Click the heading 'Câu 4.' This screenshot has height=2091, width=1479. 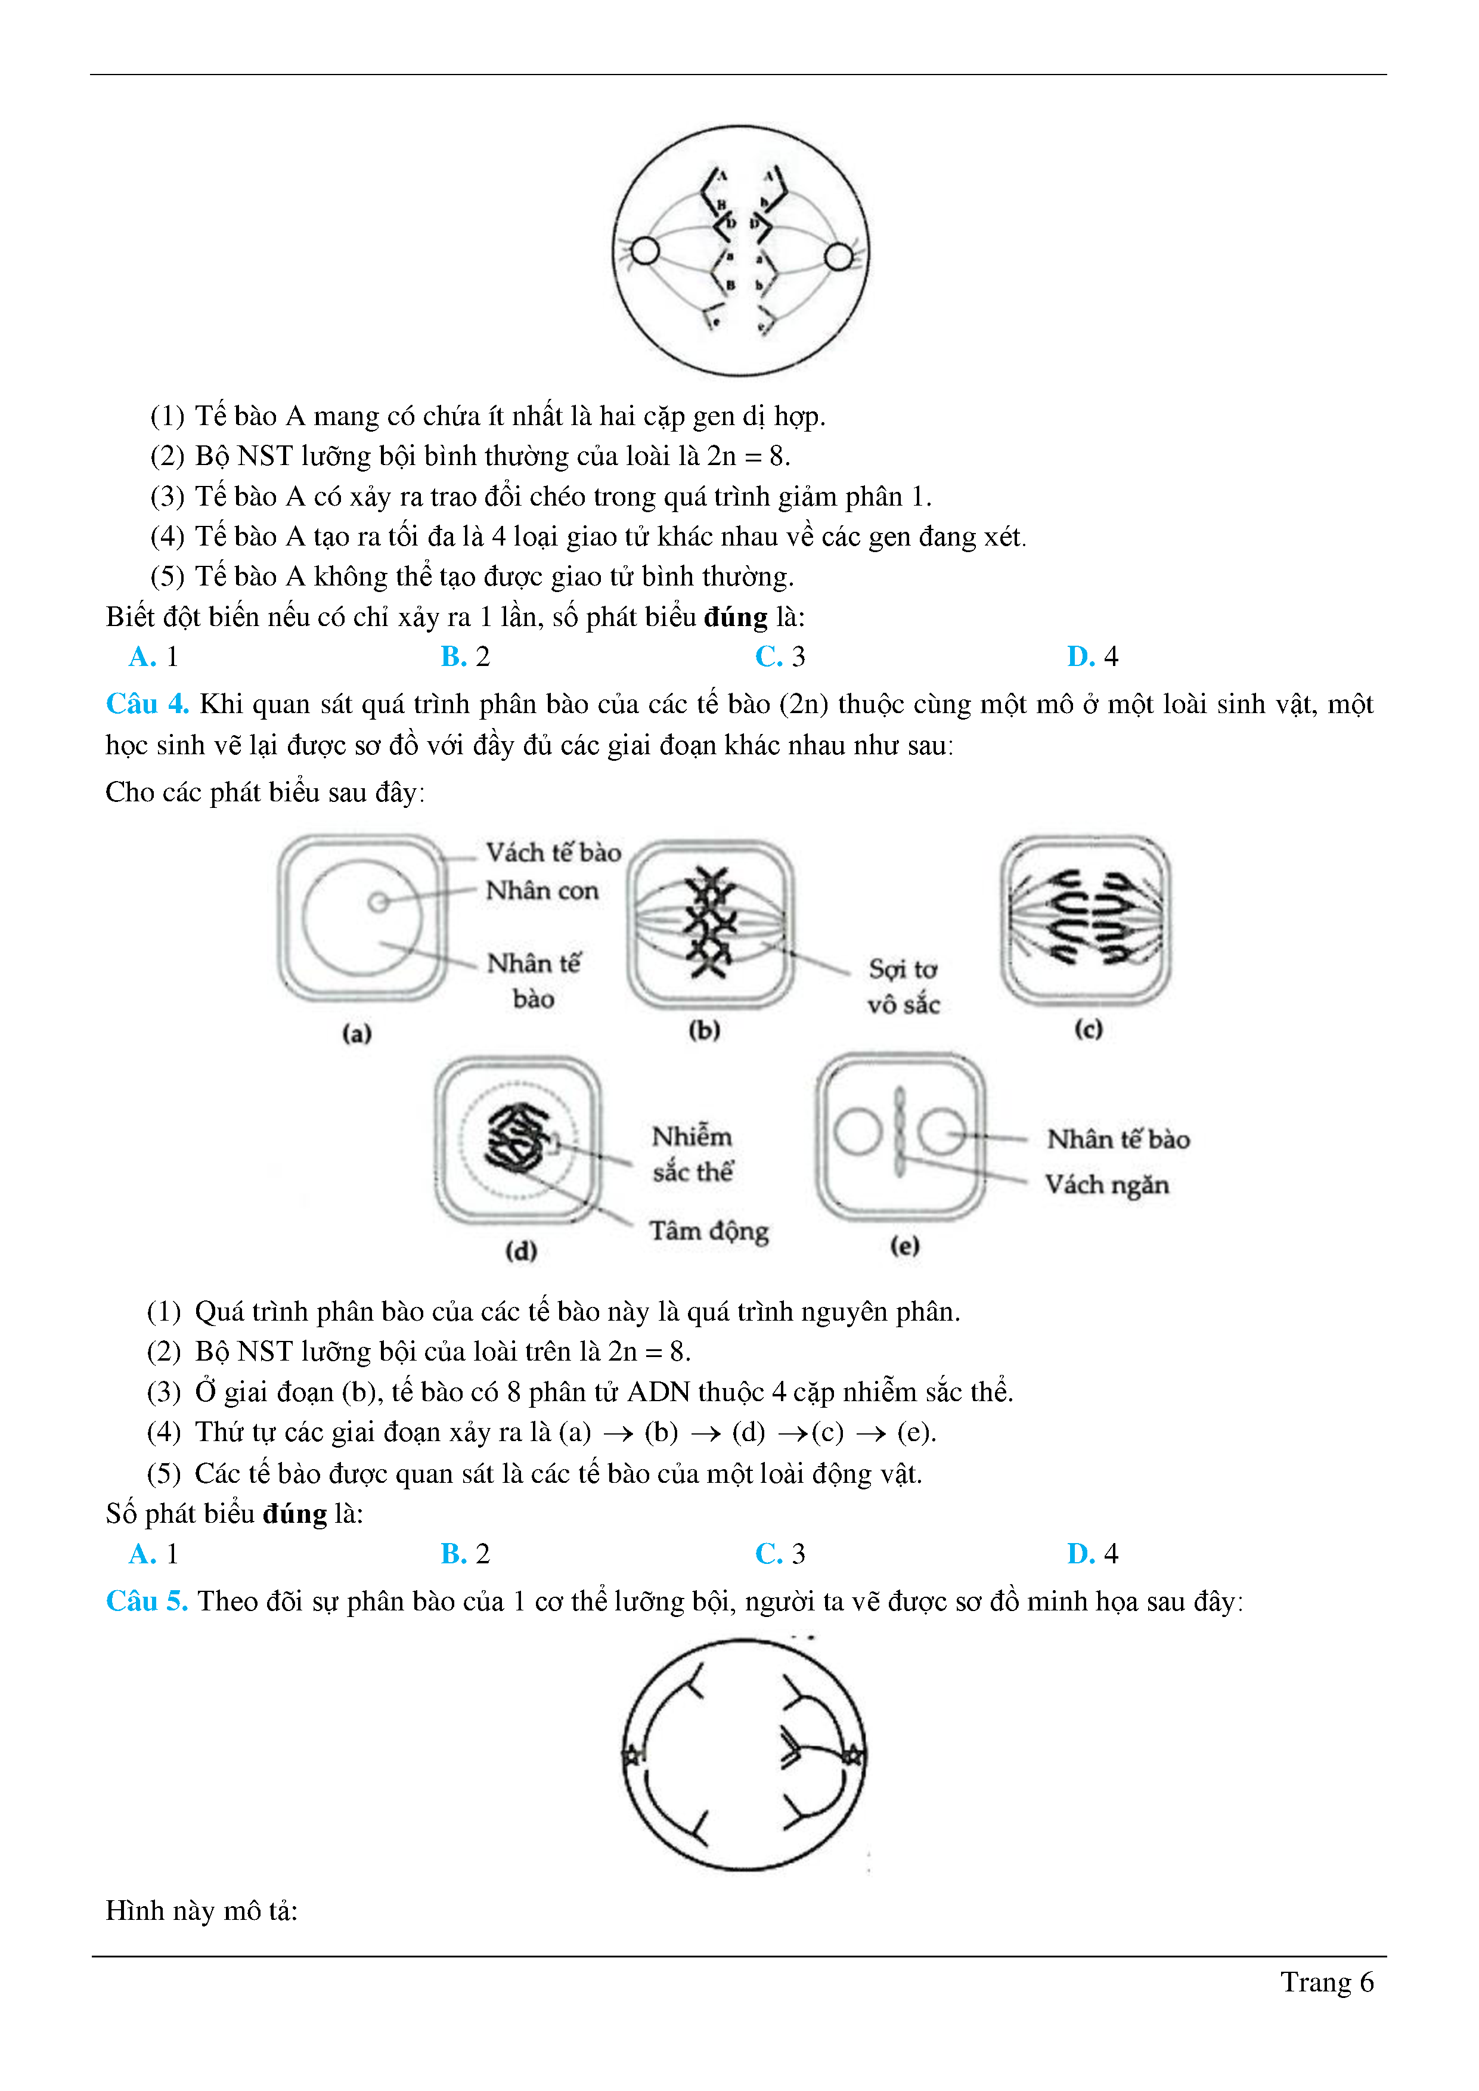coord(147,704)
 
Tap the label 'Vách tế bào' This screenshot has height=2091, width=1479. coord(553,853)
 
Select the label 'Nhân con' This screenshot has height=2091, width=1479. coord(542,891)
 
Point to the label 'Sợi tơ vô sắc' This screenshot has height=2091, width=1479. coord(903,986)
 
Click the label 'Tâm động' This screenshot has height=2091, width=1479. coord(709,1231)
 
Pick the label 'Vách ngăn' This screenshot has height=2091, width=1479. coord(1106,1185)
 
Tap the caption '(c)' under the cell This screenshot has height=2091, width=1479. coord(1089,1029)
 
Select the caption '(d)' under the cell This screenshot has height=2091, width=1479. coord(521,1250)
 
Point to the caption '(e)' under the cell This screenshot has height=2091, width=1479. coord(904,1245)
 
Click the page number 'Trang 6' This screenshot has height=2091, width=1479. coord(1326,1982)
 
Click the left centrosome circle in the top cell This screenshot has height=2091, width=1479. coord(645,250)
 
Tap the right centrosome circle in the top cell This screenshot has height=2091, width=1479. coord(839,257)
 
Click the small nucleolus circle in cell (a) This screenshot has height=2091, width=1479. coord(378,902)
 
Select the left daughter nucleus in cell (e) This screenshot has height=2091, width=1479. coord(857,1132)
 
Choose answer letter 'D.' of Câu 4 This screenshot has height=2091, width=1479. coord(1080,1554)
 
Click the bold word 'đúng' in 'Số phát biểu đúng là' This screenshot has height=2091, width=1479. coord(294,1514)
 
